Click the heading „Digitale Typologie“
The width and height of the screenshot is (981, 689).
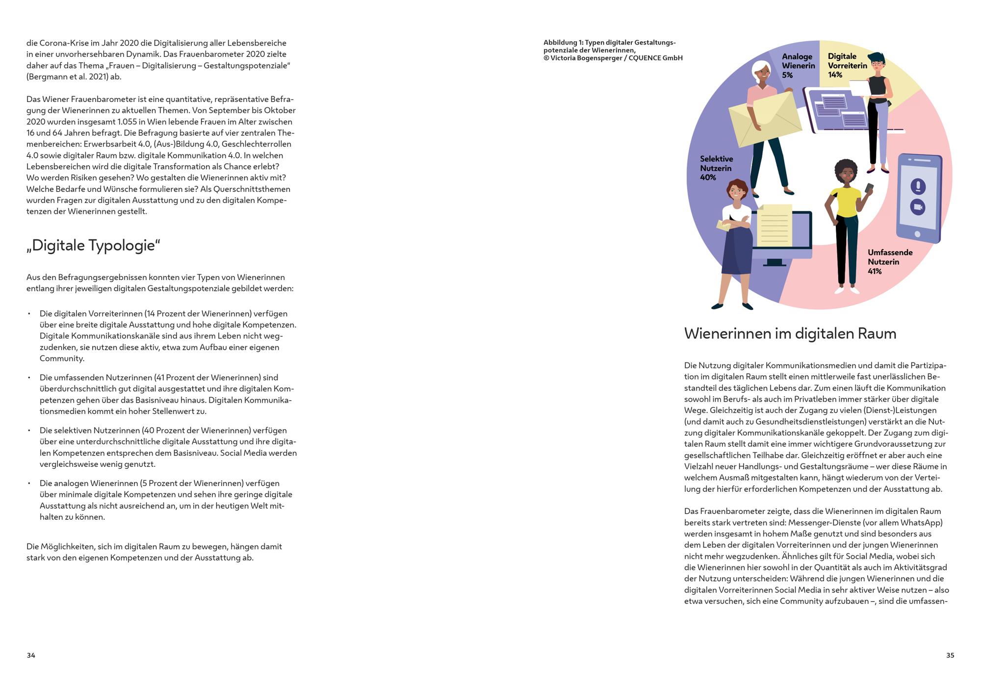(x=93, y=246)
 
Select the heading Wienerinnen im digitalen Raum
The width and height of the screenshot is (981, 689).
(x=790, y=334)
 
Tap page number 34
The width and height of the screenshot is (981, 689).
(x=31, y=655)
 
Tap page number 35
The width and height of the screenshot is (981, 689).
(x=950, y=655)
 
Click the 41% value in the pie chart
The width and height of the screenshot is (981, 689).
(x=875, y=271)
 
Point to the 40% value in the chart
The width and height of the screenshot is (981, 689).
(x=708, y=178)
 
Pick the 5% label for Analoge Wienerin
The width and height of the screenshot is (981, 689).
(x=787, y=75)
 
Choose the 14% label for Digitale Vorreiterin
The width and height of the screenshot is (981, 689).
(x=835, y=75)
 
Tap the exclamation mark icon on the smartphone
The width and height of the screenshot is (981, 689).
(x=918, y=186)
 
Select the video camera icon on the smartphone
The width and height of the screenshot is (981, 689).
(x=917, y=207)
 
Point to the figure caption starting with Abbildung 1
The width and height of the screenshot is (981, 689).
(x=613, y=50)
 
